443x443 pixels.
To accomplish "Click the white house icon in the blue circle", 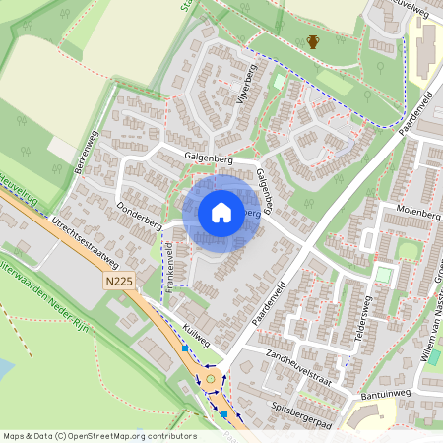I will pos(221,213).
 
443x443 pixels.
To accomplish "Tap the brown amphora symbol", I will pos(313,41).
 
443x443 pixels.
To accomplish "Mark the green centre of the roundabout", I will pos(210,378).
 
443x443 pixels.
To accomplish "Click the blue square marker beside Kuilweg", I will pos(184,348).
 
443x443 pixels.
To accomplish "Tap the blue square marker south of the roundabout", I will pos(224,413).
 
